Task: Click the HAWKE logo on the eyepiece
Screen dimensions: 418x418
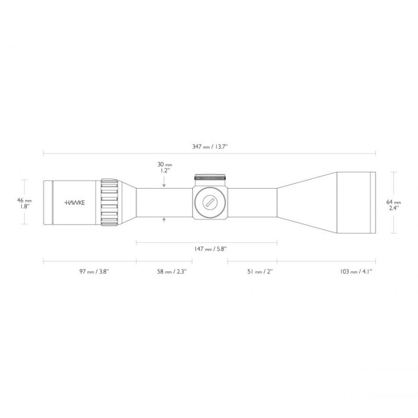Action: [75, 203]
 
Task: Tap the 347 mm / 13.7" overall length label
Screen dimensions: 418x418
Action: [210, 146]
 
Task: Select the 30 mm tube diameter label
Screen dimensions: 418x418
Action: [165, 165]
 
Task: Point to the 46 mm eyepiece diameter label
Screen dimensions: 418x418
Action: [25, 200]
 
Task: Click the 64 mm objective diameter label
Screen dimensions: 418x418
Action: [394, 202]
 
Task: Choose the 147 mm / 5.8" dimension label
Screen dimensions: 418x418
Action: [211, 249]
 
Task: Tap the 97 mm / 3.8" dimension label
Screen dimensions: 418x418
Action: [95, 271]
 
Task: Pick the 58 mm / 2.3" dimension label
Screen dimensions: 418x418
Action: [172, 271]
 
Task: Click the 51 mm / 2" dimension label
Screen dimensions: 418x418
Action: [260, 271]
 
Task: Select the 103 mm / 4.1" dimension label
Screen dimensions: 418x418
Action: [356, 271]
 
